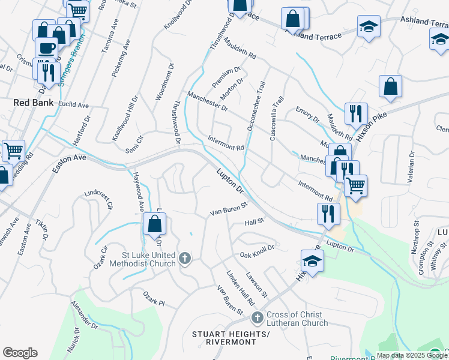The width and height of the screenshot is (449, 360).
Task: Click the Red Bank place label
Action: click(x=34, y=103)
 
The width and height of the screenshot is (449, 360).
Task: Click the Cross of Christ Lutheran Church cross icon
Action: click(x=257, y=317)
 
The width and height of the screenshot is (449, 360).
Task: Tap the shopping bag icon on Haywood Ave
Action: click(x=155, y=224)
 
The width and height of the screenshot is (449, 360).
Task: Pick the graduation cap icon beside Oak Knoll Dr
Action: click(x=312, y=261)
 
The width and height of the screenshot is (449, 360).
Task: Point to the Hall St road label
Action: click(x=255, y=222)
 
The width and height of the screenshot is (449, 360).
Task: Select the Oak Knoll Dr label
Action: click(x=257, y=247)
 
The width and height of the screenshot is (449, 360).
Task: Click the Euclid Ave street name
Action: click(x=74, y=105)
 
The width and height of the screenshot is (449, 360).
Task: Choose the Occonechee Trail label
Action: click(x=255, y=107)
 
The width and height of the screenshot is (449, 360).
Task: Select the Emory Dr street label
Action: click(x=308, y=114)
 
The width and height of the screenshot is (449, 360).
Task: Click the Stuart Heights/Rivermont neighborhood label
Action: click(x=224, y=338)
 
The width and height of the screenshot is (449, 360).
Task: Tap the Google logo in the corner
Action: click(x=20, y=353)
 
